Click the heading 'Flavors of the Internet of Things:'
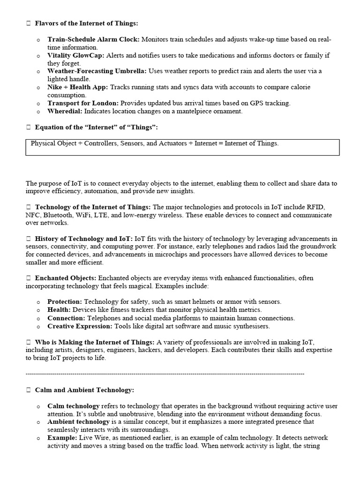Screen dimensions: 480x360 [x=87, y=23]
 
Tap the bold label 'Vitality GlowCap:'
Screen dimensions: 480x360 [x=76, y=55]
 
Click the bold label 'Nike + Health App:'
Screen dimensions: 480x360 [x=77, y=87]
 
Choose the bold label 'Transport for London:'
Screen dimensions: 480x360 [x=83, y=103]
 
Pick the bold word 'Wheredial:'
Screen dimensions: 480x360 [x=65, y=111]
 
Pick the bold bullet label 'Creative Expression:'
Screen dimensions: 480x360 [x=80, y=326]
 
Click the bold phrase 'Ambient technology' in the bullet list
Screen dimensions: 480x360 [x=78, y=422]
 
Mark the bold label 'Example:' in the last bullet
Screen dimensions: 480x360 [x=62, y=438]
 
